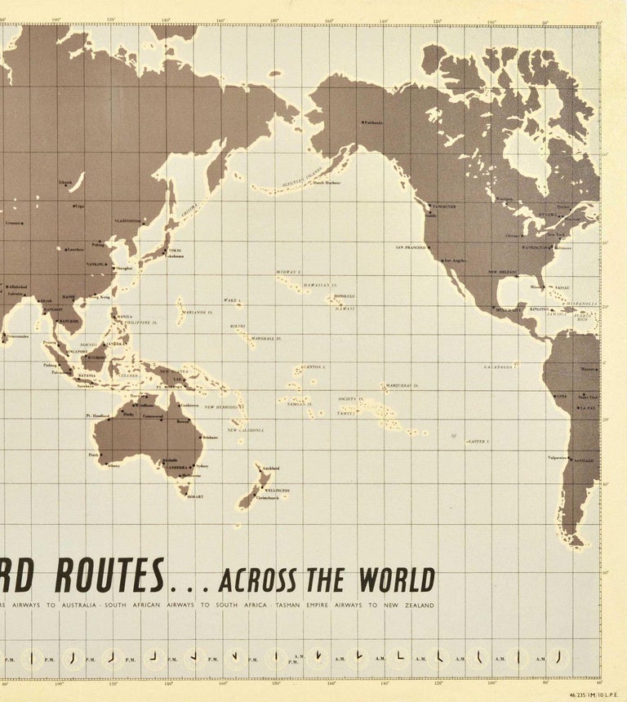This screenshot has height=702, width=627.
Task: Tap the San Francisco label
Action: (411, 247)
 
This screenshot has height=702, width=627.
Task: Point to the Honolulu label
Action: (344, 296)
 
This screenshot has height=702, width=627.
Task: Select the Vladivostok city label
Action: (128, 221)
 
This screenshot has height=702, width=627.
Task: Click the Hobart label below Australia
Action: (194, 496)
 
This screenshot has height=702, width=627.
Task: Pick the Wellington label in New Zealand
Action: (278, 491)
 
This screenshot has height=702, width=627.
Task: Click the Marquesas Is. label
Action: (402, 385)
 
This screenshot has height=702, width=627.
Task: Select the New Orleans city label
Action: (504, 272)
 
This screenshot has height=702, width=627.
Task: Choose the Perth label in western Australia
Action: (94, 455)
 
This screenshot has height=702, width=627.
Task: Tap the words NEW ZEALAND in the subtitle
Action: (412, 605)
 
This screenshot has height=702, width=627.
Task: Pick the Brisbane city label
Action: (211, 438)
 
